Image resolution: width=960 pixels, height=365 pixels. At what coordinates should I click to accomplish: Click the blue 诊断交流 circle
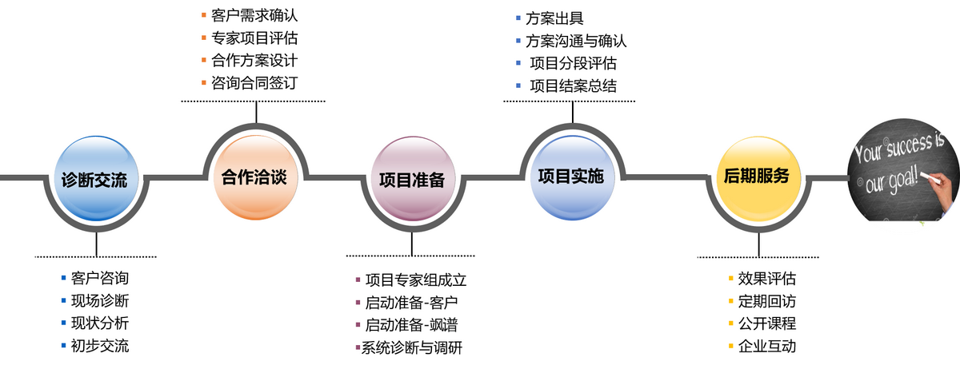[x=94, y=180]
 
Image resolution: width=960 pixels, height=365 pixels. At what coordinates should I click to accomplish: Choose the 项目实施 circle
[x=571, y=177]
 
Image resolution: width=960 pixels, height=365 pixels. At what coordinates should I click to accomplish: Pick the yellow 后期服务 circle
[x=757, y=177]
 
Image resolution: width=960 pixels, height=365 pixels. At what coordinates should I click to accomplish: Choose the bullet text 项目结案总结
[x=573, y=86]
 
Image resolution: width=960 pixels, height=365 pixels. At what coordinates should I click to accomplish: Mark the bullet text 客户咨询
[x=99, y=279]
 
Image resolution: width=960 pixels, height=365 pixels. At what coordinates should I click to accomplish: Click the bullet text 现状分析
[x=99, y=323]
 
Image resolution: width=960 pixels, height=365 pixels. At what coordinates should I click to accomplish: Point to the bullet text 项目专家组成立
[x=415, y=280]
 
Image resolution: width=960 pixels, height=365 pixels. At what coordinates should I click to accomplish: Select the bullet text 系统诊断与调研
[x=412, y=348]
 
